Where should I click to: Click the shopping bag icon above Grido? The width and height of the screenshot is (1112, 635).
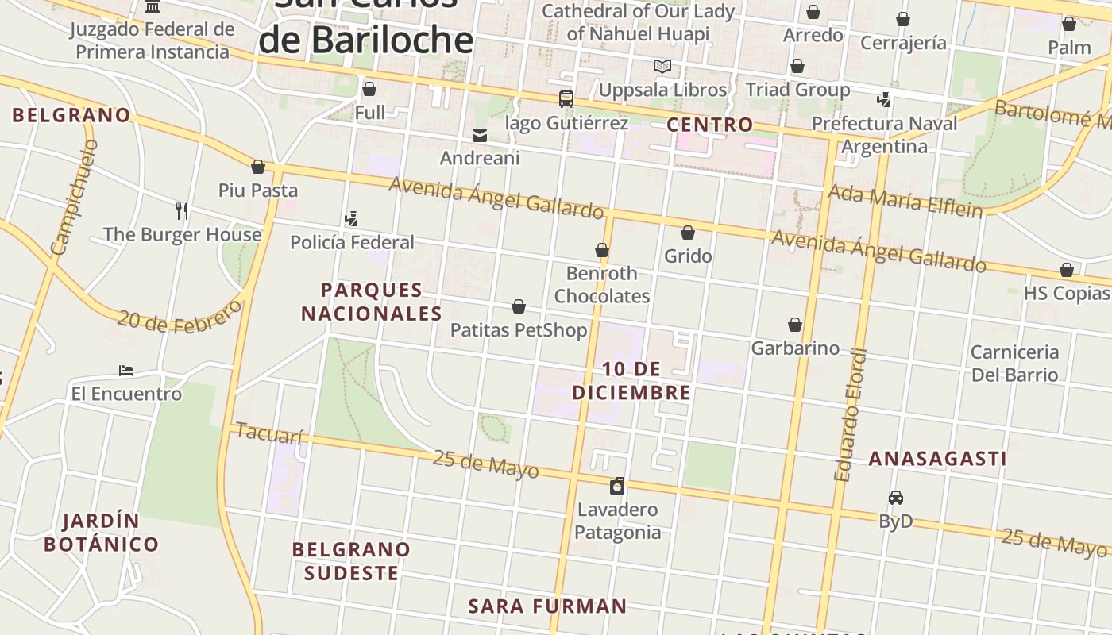688,233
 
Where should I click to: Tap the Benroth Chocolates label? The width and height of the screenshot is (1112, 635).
601,285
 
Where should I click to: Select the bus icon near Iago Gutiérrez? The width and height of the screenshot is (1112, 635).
566,99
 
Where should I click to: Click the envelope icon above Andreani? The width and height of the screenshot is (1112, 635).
480,136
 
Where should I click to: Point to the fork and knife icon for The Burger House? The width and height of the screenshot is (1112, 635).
182,210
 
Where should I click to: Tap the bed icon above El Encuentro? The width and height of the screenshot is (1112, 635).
125,370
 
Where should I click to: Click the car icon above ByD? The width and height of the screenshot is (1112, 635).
896,498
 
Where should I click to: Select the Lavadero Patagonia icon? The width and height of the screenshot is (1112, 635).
617,486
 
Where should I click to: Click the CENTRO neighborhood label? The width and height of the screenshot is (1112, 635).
709,125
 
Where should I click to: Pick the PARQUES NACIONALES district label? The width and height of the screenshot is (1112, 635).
371,302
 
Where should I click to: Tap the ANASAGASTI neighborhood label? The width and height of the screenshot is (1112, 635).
937,459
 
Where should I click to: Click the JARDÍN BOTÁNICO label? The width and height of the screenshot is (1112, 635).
101,533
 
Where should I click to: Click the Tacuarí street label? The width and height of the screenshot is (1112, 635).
270,433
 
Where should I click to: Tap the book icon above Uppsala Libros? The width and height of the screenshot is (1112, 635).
662,67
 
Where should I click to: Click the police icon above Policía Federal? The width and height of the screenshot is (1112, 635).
352,219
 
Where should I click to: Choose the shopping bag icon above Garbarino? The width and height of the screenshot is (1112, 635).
795,325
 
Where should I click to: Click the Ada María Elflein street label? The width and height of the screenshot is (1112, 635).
905,201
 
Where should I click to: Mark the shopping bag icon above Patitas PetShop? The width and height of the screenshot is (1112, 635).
519,306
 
